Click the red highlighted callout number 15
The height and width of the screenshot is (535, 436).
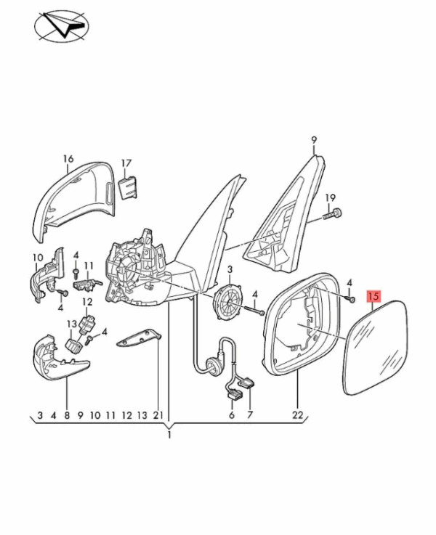click(x=374, y=296)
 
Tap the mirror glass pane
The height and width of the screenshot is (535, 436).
click(x=376, y=347)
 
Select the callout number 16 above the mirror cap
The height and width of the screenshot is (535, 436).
click(x=68, y=159)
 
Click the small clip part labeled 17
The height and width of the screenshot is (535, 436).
click(x=128, y=187)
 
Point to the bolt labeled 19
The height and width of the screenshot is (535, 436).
click(x=333, y=215)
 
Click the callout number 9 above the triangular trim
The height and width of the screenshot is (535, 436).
click(x=314, y=140)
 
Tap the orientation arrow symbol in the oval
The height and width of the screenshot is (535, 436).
click(x=62, y=26)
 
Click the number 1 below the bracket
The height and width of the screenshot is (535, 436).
click(x=169, y=435)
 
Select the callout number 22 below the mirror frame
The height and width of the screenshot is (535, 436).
click(x=297, y=415)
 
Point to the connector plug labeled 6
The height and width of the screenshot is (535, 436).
click(x=233, y=394)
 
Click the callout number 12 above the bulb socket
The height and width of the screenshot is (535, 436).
click(x=87, y=302)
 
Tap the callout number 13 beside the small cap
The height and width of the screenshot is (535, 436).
click(x=72, y=324)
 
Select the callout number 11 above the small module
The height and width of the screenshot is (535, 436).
click(x=89, y=266)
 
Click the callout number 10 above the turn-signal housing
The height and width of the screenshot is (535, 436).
click(x=38, y=257)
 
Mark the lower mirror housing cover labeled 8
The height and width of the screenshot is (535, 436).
click(x=60, y=357)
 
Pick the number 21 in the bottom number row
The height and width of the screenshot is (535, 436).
click(x=158, y=415)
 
